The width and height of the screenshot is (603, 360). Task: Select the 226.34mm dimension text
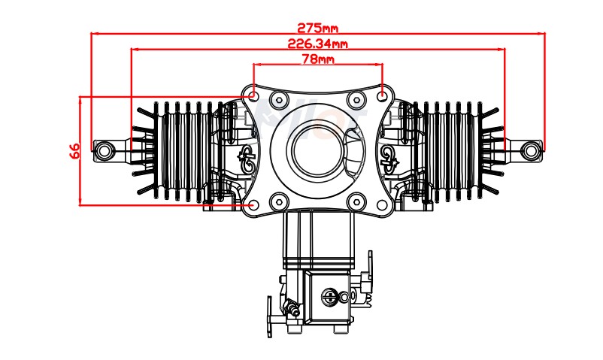point(317,44)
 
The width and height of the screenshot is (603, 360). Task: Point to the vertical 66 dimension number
point(75,150)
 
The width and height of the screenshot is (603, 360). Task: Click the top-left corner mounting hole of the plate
point(253,95)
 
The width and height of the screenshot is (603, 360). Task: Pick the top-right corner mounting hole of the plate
point(383,95)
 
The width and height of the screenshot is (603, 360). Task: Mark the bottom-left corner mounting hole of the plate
point(253,204)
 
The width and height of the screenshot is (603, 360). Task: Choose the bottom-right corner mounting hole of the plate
point(383,204)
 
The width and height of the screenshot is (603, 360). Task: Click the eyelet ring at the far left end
point(103,150)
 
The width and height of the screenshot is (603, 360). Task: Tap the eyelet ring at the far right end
point(532,150)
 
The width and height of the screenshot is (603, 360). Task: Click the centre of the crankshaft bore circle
point(317,149)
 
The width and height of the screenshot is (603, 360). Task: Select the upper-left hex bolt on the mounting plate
point(279,100)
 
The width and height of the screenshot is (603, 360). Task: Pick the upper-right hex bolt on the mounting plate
point(356,100)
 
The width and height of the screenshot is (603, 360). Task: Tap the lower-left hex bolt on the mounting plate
point(279,200)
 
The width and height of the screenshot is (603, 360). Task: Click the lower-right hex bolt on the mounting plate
point(356,200)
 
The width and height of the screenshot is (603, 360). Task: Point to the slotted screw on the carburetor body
point(329,295)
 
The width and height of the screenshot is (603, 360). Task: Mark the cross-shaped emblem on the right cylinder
point(389,155)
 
